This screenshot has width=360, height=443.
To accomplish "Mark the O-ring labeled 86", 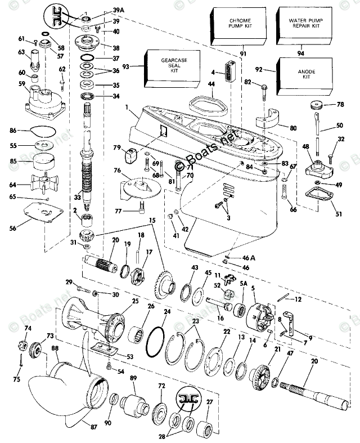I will (43, 132).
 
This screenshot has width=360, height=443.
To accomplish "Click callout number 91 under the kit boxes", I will (243, 54).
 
